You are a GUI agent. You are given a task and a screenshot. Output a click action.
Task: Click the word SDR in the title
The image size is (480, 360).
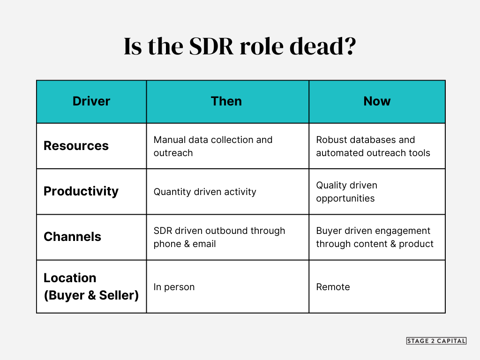pyautogui.click(x=211, y=46)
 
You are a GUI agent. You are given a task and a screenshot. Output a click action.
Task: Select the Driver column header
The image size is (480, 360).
pyautogui.click(x=91, y=101)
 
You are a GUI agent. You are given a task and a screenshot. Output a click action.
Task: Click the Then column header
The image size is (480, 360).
pyautogui.click(x=226, y=101)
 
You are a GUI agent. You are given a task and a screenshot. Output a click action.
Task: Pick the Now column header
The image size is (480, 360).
pyautogui.click(x=377, y=101)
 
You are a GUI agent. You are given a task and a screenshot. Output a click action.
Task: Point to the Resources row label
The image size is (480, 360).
pyautogui.click(x=76, y=146)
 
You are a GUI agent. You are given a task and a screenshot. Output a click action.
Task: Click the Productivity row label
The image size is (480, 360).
pyautogui.click(x=81, y=192)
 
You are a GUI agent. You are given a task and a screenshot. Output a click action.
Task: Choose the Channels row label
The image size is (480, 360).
pyautogui.click(x=72, y=237)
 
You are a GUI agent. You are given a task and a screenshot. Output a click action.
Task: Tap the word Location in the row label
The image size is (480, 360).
pyautogui.click(x=70, y=278)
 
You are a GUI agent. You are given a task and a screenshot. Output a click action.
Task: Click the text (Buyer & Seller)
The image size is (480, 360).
pyautogui.click(x=91, y=295)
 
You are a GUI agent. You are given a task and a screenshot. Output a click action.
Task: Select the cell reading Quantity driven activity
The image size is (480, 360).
pyautogui.click(x=205, y=192)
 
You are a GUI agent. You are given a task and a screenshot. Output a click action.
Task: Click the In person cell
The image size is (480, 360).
pyautogui.click(x=174, y=287)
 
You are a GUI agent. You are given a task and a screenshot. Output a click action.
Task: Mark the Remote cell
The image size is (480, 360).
pyautogui.click(x=333, y=287)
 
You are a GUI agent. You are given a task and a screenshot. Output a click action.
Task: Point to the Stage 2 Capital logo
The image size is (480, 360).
pyautogui.click(x=436, y=341)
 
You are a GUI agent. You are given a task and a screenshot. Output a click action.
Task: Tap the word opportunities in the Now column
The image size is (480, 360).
pyautogui.click(x=345, y=199)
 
